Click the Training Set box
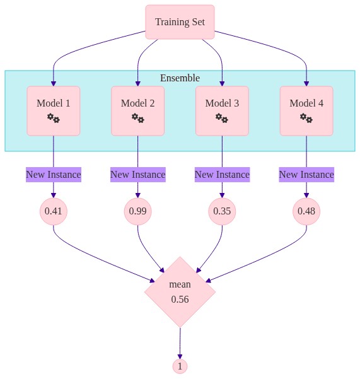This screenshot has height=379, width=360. pyautogui.click(x=180, y=22)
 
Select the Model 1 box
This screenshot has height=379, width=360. pyautogui.click(x=54, y=111)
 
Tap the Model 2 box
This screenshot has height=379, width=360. pyautogui.click(x=137, y=111)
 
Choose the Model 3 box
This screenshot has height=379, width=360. pyautogui.click(x=222, y=111)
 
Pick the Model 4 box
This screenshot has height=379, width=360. pyautogui.click(x=306, y=111)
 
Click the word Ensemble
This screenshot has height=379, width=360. pyautogui.click(x=180, y=78)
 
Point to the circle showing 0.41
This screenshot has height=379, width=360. pyautogui.click(x=54, y=211)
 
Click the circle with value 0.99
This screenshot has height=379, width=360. pyautogui.click(x=137, y=211)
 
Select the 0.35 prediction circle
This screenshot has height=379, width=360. pyautogui.click(x=222, y=211)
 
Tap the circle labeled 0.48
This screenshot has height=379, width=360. pyautogui.click(x=306, y=211)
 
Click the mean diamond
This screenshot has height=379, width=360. pyautogui.click(x=180, y=292)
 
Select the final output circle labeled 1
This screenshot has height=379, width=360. pyautogui.click(x=180, y=366)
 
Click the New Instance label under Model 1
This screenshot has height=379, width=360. pyautogui.click(x=54, y=175)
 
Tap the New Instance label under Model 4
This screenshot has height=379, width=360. pyautogui.click(x=306, y=175)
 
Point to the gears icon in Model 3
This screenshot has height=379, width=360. pyautogui.click(x=222, y=118)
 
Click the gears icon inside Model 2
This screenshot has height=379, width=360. pyautogui.click(x=137, y=118)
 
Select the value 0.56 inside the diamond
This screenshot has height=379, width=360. pyautogui.click(x=180, y=300)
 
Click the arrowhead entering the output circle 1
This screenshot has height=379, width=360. pyautogui.click(x=180, y=356)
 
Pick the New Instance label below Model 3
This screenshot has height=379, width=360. pyautogui.click(x=222, y=175)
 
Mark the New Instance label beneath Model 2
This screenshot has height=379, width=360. pyautogui.click(x=137, y=175)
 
